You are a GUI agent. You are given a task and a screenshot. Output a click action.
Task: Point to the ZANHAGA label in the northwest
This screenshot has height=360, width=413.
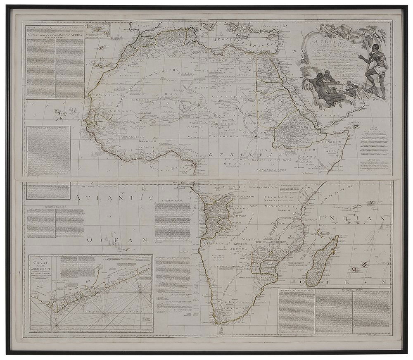click(x=97, y=95)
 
